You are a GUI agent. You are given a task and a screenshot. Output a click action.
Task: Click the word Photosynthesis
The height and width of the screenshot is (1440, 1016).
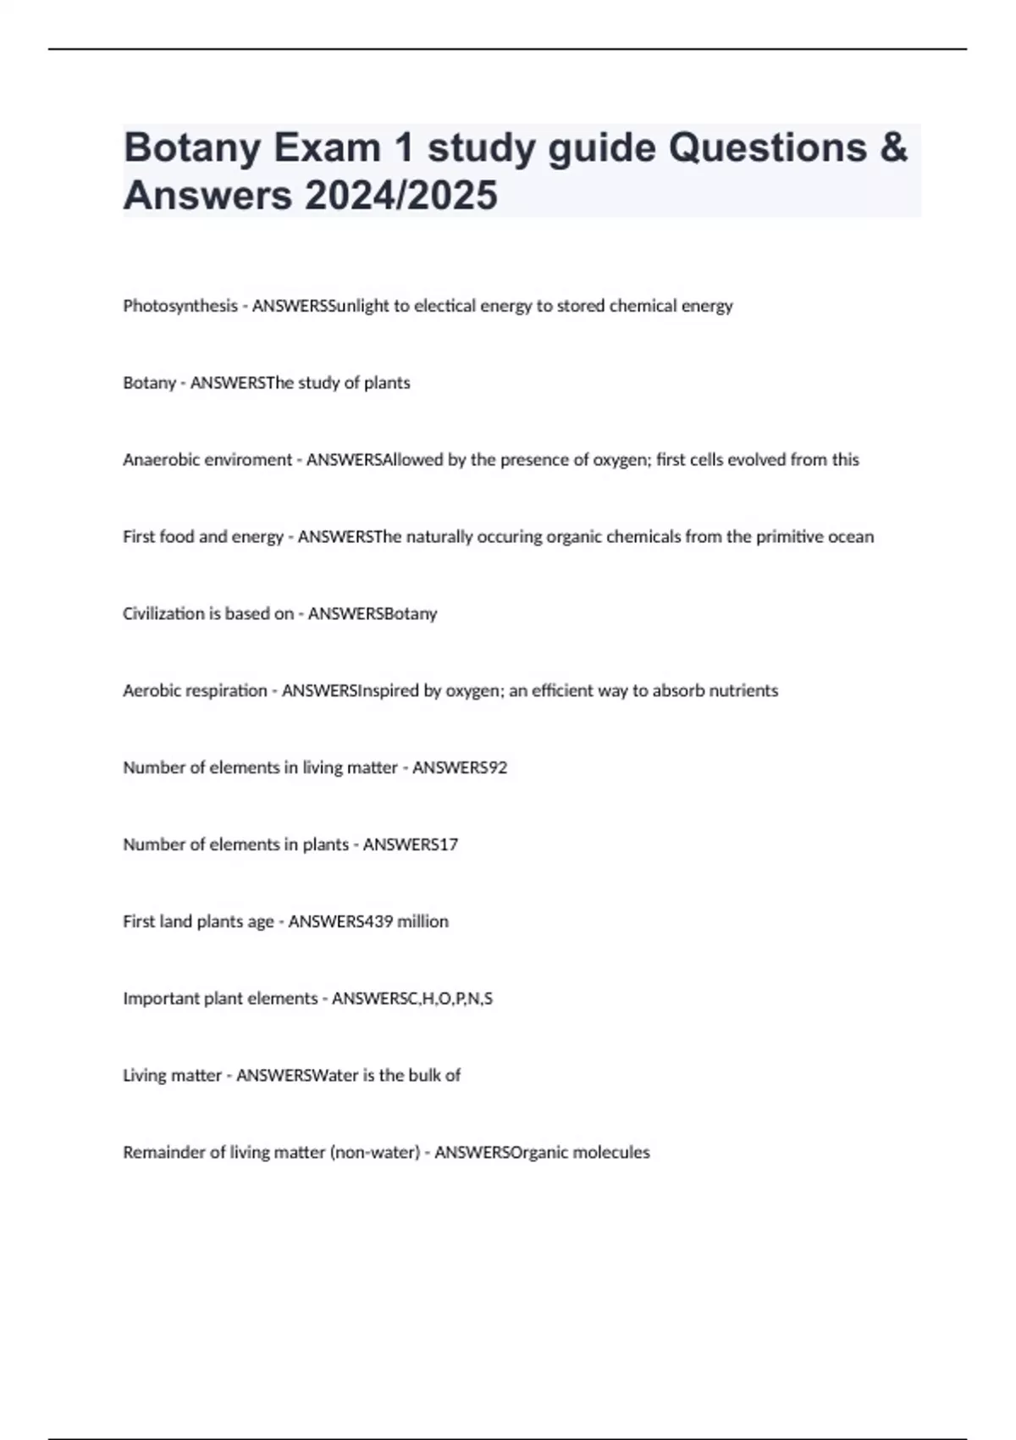180,306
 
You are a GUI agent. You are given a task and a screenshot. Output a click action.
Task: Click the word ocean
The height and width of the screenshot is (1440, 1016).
850,537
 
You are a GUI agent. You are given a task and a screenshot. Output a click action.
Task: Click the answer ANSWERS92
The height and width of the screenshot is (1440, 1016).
460,767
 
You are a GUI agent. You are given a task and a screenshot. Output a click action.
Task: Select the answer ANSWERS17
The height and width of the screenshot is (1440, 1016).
411,845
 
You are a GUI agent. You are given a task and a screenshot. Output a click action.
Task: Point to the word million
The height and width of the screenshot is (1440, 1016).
423,922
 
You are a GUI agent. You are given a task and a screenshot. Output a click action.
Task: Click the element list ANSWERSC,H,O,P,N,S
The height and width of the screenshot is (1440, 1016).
412,999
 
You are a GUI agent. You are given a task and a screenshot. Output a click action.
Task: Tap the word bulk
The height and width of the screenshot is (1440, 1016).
425,1076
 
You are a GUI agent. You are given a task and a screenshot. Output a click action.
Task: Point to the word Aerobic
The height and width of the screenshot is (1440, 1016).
152,690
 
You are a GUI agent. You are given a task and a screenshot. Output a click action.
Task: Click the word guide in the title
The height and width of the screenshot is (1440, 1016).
602,147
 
